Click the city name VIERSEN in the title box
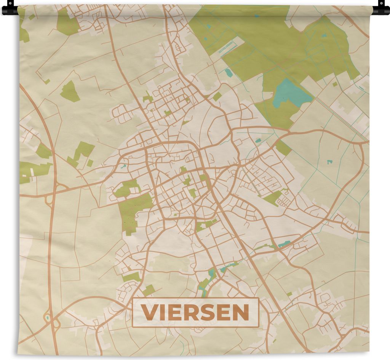tap(195, 313)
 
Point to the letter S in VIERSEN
tap(205, 313)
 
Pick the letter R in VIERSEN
tap(189, 313)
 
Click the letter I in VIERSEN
tap(161, 313)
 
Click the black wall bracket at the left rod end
tap(10, 8)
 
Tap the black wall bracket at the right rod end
tap(381, 8)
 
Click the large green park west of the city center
tap(132, 211)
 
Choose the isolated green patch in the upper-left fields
tap(70, 92)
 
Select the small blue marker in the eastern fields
tap(329, 162)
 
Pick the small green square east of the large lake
tap(335, 84)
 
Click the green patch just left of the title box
tap(149, 290)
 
